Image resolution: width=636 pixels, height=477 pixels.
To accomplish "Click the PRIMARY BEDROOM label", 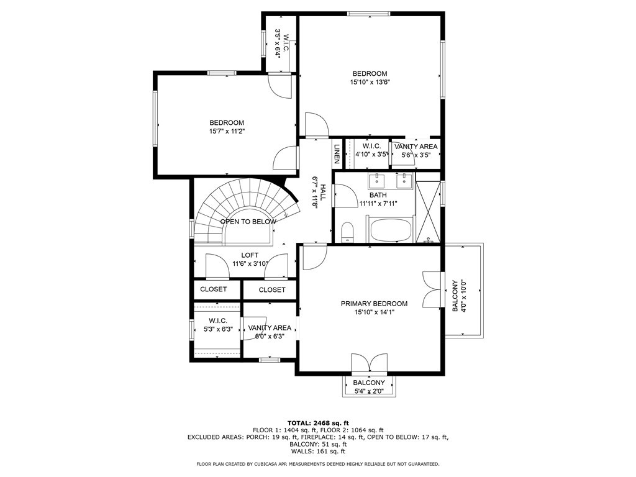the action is (374, 303).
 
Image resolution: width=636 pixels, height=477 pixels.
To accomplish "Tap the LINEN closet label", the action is (336, 154).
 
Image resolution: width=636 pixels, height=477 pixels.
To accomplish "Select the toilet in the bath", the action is (348, 232).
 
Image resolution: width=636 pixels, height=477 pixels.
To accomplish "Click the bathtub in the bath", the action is (391, 230).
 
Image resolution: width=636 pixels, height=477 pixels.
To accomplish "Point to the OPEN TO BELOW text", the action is (248, 222).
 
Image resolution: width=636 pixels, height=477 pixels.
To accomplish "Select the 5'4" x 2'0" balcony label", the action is (369, 391).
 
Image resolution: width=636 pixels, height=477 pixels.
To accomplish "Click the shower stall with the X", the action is (427, 212).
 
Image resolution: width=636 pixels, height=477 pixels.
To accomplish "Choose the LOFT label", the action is (250, 255).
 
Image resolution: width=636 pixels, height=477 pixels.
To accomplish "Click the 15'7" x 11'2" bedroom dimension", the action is (227, 131).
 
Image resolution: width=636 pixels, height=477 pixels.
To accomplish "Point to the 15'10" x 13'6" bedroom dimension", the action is (370, 82).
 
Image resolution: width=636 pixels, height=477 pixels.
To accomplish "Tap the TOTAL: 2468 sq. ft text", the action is (318, 422).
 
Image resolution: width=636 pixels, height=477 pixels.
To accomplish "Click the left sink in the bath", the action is (377, 180).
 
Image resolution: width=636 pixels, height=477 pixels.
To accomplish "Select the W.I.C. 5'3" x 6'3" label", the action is (218, 325).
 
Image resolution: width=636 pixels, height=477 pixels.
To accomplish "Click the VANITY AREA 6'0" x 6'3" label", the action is (270, 332).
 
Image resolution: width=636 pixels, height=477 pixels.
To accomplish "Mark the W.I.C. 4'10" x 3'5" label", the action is (372, 150).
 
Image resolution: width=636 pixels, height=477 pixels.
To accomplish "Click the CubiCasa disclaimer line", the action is (317, 463).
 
